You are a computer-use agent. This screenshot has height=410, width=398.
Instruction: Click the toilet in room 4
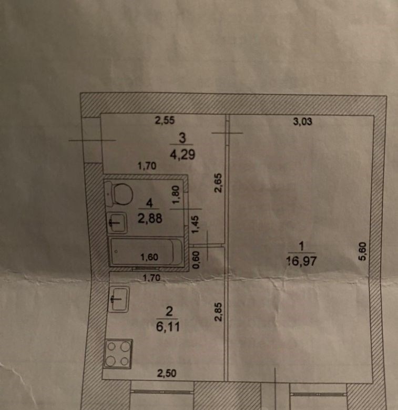(119, 194)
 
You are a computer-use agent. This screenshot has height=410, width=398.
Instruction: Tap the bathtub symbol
(146, 252)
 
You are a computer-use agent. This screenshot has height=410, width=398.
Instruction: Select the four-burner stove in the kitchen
(118, 354)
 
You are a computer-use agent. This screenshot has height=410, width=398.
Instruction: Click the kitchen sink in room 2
(119, 299)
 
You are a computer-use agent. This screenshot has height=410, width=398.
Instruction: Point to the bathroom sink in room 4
(117, 223)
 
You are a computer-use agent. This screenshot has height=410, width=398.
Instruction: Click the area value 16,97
(301, 261)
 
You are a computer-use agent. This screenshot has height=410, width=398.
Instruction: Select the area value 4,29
(182, 154)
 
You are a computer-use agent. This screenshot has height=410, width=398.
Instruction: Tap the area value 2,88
(150, 218)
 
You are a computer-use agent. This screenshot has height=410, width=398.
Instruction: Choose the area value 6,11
(168, 327)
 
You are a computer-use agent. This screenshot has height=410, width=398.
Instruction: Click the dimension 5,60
(362, 251)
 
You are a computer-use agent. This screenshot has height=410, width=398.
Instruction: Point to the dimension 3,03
(302, 121)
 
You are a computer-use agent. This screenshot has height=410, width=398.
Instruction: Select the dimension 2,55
(165, 120)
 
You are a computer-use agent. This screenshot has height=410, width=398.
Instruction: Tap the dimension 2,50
(167, 373)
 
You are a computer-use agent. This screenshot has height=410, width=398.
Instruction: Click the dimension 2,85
(218, 312)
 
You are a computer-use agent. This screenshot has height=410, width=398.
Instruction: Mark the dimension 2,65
(218, 183)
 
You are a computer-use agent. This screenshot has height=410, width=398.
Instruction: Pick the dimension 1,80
(176, 195)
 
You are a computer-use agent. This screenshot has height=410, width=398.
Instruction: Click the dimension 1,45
(196, 224)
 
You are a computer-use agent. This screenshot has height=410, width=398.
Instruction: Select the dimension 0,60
(196, 260)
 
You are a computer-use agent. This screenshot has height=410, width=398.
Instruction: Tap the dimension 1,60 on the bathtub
(149, 257)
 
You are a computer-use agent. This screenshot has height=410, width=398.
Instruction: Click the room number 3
(182, 138)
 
